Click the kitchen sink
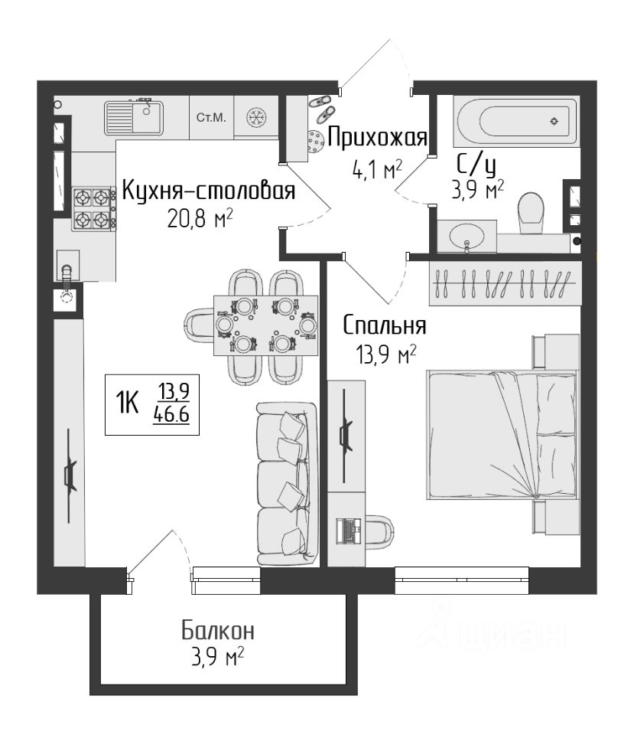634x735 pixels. click(x=134, y=117)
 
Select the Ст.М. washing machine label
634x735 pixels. click(x=211, y=118)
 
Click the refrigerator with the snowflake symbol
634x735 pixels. click(x=256, y=117)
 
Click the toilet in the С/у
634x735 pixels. click(x=531, y=213)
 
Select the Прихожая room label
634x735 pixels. click(x=377, y=138)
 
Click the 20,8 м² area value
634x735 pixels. click(x=200, y=218)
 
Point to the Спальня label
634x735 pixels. click(x=385, y=325)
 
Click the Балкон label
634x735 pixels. click(x=218, y=630)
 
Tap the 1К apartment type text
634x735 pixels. click(x=128, y=403)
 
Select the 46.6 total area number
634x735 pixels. click(x=171, y=415)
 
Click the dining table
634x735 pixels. click(x=265, y=325)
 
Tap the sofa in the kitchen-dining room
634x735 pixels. click(x=287, y=484)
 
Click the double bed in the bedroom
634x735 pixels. click(x=502, y=434)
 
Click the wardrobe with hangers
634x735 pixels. click(x=505, y=284)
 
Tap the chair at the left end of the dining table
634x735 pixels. click(x=200, y=325)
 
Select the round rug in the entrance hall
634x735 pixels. click(x=316, y=142)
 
